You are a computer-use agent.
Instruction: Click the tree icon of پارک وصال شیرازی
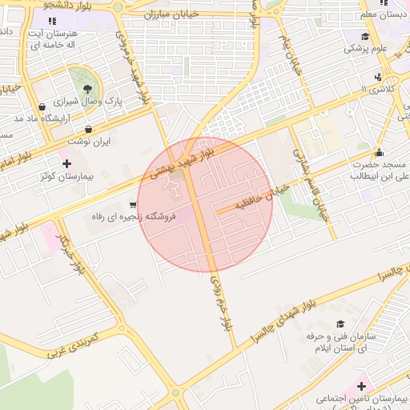(85, 87)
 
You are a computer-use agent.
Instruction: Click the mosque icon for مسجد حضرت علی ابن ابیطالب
(379, 153)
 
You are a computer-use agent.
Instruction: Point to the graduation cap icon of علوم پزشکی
(365, 36)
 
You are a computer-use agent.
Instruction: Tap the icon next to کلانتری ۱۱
(377, 78)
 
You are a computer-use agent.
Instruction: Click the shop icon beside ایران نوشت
(88, 129)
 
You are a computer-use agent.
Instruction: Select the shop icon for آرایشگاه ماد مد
(42, 107)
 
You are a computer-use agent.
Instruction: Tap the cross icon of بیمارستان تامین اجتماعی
(339, 386)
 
